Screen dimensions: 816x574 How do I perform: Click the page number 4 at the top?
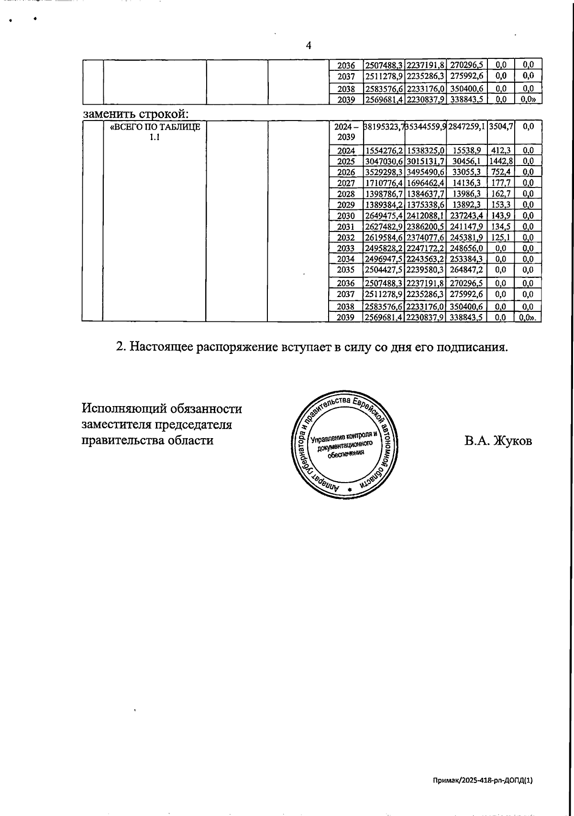coord(309,45)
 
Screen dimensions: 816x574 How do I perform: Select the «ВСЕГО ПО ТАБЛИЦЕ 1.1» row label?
coord(155,132)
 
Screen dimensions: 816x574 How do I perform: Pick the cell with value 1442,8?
coord(501,161)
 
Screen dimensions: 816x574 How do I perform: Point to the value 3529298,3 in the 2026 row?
coord(385,172)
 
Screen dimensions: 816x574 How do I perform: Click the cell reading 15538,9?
coord(466,151)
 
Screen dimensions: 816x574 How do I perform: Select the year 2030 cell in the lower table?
coord(346,216)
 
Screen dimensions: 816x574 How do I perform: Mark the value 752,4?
coord(501,172)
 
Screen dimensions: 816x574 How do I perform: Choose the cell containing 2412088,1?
coord(426,216)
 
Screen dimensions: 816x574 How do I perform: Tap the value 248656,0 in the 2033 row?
coord(466,248)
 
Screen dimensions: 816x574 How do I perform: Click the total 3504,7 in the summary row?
coord(501,127)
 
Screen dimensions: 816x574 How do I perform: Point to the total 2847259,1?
coord(466,127)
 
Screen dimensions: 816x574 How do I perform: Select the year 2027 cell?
coord(346,183)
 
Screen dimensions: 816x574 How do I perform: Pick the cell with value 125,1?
coord(501,237)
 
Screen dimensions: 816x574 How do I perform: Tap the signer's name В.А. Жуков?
coord(498,441)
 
